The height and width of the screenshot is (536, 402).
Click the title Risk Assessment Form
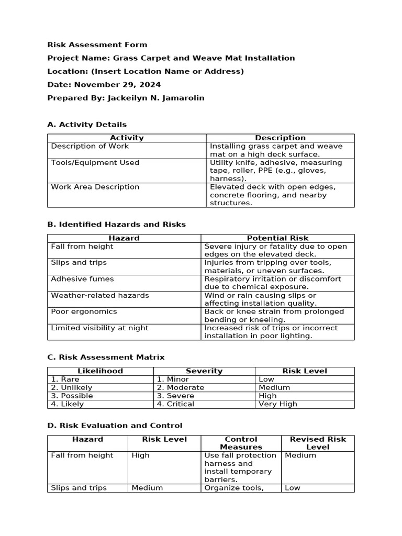coord(97,45)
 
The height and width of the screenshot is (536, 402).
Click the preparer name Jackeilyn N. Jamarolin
coord(155,98)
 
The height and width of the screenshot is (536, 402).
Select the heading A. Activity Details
coord(87,125)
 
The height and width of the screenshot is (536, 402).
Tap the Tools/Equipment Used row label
coord(95,163)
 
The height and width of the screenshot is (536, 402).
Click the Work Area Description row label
coord(95,187)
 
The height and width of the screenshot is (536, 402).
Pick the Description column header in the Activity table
coord(280,138)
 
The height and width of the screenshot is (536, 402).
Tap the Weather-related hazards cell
coord(99,295)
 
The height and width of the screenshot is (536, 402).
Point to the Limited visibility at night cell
coord(99,328)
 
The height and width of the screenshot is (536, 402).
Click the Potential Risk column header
coord(277,238)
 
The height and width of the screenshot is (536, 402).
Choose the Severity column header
coord(204,371)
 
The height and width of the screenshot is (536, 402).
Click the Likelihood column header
coord(100,371)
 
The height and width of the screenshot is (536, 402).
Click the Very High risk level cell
coord(277,404)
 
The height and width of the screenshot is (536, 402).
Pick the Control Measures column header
coord(241,443)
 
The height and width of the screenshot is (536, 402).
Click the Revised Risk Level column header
coord(318,443)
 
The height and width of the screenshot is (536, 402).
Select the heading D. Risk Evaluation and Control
coord(115,426)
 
